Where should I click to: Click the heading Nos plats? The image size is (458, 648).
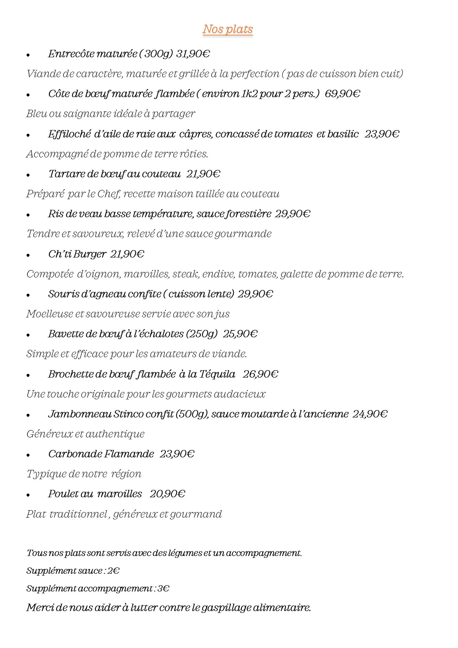tap(228, 29)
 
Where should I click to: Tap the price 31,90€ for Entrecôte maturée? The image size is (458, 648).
tap(193, 54)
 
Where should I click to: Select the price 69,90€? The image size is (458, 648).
tap(342, 94)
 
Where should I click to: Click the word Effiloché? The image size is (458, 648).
tap(69, 134)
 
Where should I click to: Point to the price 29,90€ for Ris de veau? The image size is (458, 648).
tap(293, 214)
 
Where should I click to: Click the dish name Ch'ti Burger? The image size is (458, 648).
tap(77, 254)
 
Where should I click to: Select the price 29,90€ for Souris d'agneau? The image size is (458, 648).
tap(255, 294)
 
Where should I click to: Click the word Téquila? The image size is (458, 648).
tap(217, 374)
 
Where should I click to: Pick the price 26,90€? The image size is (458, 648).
tap(260, 374)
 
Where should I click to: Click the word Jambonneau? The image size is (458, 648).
tap(80, 414)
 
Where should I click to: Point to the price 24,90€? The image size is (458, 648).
tap(370, 414)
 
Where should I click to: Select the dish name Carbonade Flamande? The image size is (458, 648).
tap(101, 454)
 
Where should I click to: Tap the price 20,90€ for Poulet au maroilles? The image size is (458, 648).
tap(167, 494)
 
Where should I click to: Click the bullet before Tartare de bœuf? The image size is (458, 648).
tap(28, 175)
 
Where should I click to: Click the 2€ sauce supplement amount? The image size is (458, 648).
tap(113, 571)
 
